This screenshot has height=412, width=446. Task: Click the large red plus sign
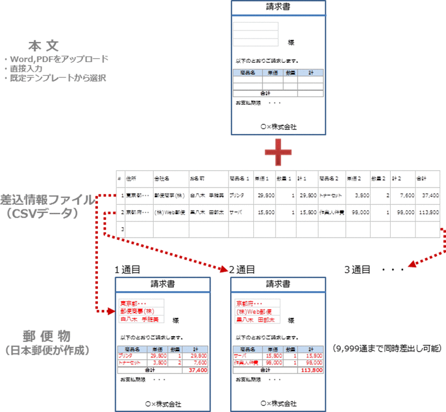[x=278, y=152]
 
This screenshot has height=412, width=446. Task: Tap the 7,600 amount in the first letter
[x=199, y=363]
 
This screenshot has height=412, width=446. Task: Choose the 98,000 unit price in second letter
[x=273, y=363]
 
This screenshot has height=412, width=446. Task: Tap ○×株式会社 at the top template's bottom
[x=278, y=127]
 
